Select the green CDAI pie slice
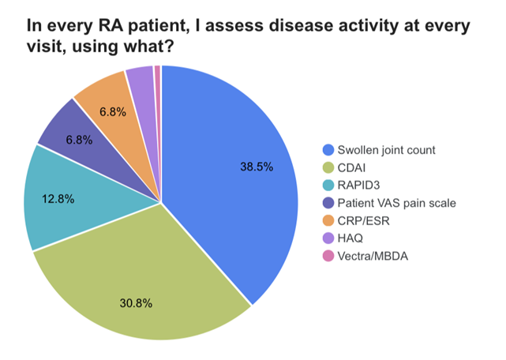[x=142, y=276]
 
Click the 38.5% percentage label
[x=256, y=167]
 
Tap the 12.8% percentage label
[x=58, y=199]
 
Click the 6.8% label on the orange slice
[x=114, y=112]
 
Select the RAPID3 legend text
[x=359, y=186]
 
